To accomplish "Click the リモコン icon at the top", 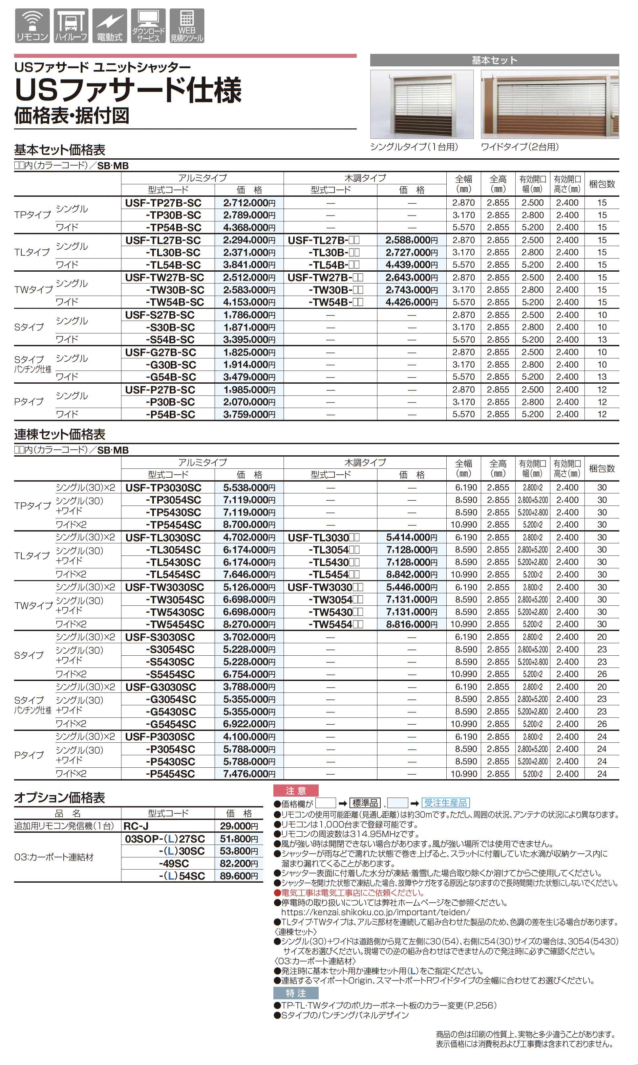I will pos(32,26).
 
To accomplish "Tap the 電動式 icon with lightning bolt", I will pos(110,26).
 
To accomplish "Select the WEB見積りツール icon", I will pos(187,26).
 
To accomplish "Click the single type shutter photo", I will pos(422,104).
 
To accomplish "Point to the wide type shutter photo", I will pos(550,104).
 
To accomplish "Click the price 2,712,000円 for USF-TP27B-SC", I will pos(249,203).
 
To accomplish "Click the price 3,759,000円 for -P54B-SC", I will pos(249,414).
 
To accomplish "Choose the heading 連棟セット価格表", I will pos(60,434).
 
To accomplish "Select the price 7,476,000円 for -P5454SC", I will pos(249,774).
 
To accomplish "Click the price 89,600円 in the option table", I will pos(239,876).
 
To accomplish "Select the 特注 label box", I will pos(296,993).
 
